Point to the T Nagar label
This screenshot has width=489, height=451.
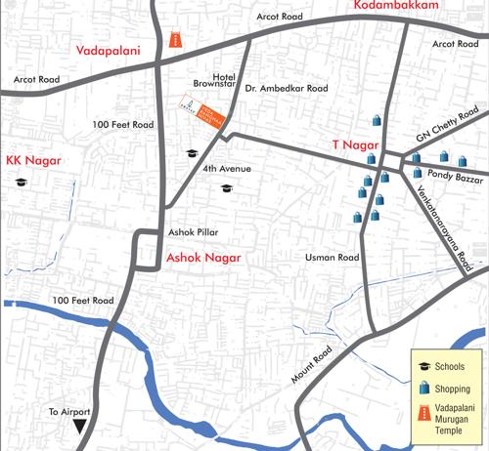point(351,145)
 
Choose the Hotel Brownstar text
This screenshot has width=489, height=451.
point(214,80)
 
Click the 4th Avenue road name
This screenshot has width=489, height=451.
point(228,169)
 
